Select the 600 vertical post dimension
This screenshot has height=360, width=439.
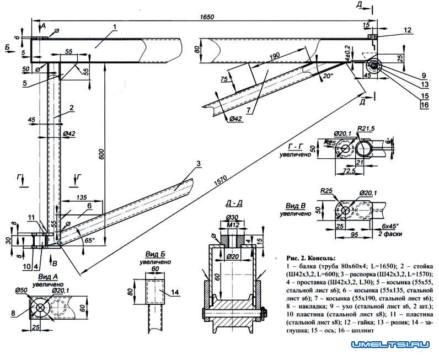101,156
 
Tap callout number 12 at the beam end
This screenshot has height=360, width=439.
407,30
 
